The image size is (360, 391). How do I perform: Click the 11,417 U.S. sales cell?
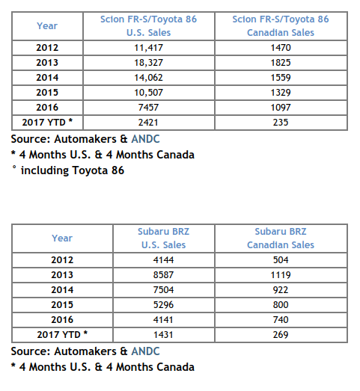(x=148, y=48)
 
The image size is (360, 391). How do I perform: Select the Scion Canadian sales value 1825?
(x=281, y=63)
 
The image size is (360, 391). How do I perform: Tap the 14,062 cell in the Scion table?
(x=148, y=78)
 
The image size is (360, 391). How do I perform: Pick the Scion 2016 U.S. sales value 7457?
(x=148, y=108)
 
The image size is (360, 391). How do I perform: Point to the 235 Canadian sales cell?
(x=281, y=123)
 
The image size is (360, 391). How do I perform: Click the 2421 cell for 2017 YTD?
(x=148, y=123)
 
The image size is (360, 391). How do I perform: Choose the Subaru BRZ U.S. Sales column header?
(x=163, y=238)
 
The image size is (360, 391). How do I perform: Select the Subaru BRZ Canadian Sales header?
(x=281, y=238)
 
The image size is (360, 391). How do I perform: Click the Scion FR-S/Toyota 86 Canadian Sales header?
(x=281, y=26)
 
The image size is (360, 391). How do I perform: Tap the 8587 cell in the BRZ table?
(x=163, y=275)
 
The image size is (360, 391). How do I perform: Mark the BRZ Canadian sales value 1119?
(x=281, y=275)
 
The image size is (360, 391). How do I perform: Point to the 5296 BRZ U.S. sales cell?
(x=163, y=305)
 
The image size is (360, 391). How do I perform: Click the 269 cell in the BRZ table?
(x=281, y=335)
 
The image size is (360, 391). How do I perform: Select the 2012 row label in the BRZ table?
(x=62, y=260)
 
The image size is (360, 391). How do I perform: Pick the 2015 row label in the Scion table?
(x=47, y=93)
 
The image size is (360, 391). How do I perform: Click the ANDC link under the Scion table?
(x=145, y=139)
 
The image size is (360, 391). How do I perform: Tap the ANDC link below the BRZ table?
(x=145, y=351)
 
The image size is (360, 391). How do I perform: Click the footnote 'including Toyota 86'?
(x=73, y=170)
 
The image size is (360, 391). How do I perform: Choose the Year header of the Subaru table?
(x=62, y=238)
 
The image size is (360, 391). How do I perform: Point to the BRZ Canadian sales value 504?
(x=281, y=260)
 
